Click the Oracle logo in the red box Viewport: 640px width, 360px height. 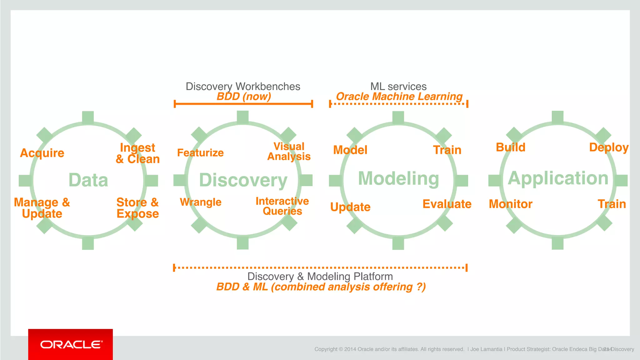tap(71, 344)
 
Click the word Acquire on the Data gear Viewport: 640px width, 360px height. tap(42, 153)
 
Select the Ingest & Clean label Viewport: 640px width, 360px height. tap(137, 153)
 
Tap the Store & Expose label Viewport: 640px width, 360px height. tap(137, 208)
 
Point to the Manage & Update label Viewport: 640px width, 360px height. tap(42, 208)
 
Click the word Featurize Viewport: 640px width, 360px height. tap(200, 153)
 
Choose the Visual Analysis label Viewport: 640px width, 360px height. tap(289, 152)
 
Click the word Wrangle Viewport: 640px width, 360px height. tap(201, 202)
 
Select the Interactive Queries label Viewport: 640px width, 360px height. tap(282, 206)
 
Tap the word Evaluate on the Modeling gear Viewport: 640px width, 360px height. tap(447, 204)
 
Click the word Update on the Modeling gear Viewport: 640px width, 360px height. tap(350, 207)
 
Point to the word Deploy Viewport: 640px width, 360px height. tap(608, 147)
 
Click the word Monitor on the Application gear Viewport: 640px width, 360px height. tap(511, 204)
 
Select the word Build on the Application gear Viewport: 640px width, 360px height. tap(511, 147)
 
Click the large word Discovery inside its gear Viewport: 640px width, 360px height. tap(243, 180)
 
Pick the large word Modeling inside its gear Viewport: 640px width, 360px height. tap(398, 178)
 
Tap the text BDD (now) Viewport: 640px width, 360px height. tap(244, 97)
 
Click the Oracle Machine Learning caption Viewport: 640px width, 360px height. tap(399, 97)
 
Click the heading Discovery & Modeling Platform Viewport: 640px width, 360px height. tap(320, 276)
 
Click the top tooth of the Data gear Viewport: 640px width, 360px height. tap(88, 117)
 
